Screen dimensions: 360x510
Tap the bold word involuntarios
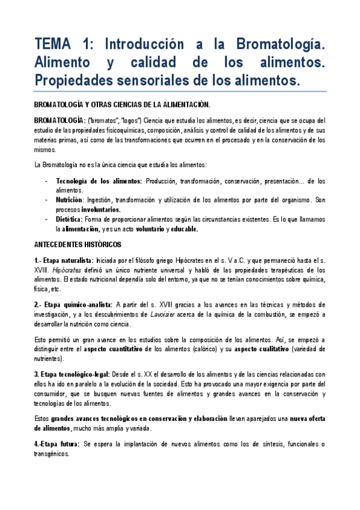99,209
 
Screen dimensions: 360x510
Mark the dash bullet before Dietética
47,220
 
